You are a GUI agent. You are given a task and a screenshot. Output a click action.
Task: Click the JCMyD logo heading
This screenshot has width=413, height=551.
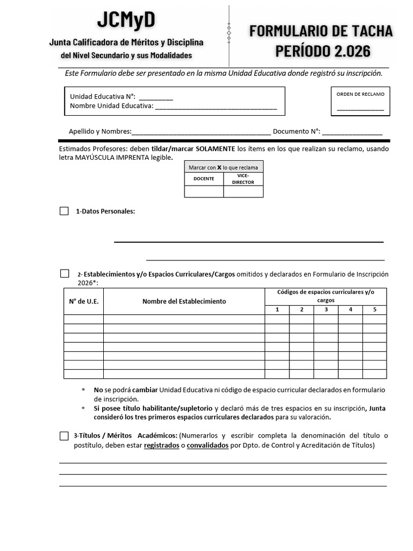click(x=126, y=20)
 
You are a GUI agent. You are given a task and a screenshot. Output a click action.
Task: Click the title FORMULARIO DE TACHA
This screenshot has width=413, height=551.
click(x=321, y=31)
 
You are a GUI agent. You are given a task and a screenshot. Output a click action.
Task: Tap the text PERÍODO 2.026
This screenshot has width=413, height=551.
click(x=323, y=51)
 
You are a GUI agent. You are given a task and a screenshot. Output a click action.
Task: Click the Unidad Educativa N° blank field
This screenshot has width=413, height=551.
click(x=156, y=97)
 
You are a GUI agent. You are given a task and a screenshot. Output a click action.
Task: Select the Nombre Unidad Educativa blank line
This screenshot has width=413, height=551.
click(x=216, y=107)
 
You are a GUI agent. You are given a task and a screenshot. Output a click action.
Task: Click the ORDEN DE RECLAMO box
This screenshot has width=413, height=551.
click(x=360, y=102)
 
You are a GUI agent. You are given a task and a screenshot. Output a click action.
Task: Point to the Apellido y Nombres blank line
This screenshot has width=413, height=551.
click(x=201, y=132)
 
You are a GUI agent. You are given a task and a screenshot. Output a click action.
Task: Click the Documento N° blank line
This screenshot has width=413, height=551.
click(x=352, y=132)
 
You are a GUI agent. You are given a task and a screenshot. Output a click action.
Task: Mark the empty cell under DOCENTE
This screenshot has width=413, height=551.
click(x=204, y=192)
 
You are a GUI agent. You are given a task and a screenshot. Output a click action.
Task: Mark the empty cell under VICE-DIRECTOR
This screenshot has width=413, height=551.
click(x=243, y=192)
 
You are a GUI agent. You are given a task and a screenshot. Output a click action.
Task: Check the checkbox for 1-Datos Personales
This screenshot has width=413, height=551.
click(x=64, y=211)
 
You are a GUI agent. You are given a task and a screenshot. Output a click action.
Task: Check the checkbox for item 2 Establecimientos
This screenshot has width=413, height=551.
click(x=65, y=274)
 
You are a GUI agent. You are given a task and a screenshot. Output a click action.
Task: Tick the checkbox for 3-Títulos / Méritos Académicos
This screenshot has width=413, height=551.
click(x=64, y=436)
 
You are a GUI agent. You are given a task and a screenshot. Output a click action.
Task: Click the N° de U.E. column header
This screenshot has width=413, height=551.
click(x=83, y=301)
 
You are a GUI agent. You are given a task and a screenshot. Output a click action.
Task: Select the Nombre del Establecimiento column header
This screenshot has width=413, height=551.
click(x=184, y=301)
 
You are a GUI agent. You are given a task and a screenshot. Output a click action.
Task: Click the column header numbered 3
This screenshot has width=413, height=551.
click(x=326, y=309)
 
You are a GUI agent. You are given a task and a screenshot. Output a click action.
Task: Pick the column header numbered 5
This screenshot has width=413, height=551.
click(x=374, y=309)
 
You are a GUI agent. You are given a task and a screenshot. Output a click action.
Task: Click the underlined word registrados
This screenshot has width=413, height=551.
click(x=161, y=446)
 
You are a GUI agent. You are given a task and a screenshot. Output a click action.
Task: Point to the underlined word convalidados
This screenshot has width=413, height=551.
click(x=208, y=446)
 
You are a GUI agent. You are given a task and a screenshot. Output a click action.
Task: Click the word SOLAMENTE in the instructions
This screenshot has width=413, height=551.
click(x=215, y=149)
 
